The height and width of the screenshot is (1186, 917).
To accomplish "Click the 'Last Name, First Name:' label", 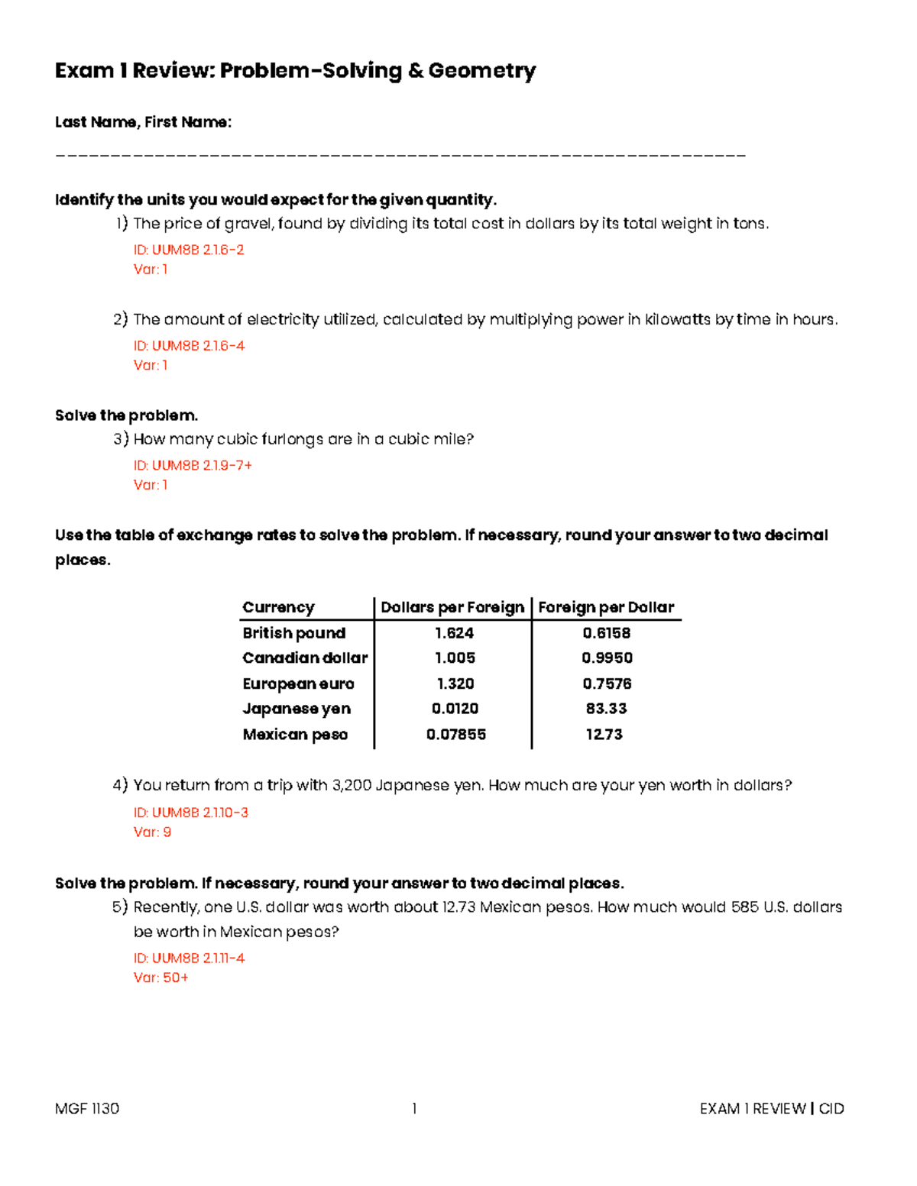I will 143,122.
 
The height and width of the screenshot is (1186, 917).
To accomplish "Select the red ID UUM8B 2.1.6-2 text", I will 189,250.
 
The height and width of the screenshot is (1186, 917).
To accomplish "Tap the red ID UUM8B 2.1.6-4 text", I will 189,346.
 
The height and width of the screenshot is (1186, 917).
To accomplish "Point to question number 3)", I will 121,439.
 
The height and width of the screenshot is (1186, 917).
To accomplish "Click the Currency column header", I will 278,607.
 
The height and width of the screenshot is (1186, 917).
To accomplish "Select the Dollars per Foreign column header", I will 452,607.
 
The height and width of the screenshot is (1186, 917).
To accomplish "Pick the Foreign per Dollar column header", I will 606,607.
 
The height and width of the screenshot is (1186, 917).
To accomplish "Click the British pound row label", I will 294,633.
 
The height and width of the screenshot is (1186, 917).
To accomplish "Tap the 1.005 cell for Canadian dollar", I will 455,658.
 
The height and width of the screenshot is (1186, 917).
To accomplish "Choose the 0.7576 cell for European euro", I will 607,683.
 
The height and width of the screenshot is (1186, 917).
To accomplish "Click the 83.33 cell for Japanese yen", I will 606,709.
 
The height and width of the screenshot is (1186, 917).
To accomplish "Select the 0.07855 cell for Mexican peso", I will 456,735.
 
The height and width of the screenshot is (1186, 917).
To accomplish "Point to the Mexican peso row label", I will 295,735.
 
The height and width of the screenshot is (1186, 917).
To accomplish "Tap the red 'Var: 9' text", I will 152,832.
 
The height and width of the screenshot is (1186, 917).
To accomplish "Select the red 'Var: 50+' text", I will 160,978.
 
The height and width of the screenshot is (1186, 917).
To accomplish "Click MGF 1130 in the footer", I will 87,1109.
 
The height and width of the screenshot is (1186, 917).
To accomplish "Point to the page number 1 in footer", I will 414,1109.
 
